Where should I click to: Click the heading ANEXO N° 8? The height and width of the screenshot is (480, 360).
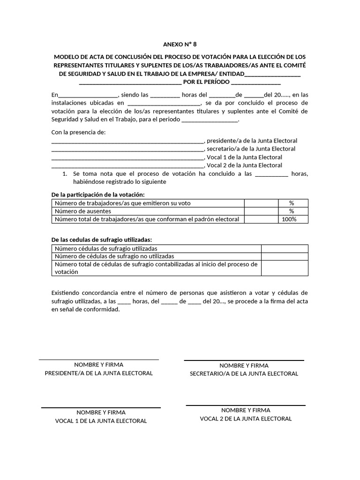pos(180,45)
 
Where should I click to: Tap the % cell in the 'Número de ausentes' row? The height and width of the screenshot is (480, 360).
pos(291,211)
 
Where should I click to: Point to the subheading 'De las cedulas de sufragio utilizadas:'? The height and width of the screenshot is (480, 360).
pos(101,240)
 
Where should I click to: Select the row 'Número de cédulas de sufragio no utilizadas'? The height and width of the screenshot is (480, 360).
pos(114,256)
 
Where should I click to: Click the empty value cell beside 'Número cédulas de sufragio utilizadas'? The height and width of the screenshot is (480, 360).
pos(285,248)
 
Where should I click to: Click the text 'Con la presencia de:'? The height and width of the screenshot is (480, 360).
pos(78,132)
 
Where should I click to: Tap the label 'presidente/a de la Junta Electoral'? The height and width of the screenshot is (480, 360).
pos(252,141)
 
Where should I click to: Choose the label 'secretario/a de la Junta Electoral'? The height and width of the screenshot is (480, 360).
pos(251,149)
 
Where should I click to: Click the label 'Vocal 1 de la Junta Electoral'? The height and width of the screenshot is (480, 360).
pos(244,157)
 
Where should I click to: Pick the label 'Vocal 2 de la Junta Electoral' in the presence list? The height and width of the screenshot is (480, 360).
pos(244,165)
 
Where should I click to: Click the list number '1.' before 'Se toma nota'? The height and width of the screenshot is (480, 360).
pos(66,173)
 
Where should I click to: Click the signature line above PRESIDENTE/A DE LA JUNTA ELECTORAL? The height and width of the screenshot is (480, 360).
pos(98,360)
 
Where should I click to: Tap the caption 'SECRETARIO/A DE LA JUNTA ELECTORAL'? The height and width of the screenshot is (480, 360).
pos(244,374)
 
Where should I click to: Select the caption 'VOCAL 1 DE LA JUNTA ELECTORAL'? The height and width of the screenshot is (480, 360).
pos(101,421)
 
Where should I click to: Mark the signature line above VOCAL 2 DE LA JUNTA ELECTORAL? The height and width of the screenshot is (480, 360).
pos(246,405)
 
